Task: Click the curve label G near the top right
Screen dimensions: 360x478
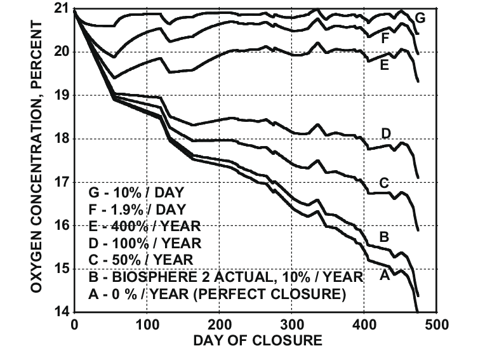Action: [x=420, y=18]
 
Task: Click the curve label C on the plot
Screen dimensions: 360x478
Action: [x=383, y=183]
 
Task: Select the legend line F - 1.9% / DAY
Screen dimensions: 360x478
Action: [x=133, y=208]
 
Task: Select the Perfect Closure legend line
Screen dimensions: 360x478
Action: [x=216, y=295]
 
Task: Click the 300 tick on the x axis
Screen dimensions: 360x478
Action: [x=292, y=324]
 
